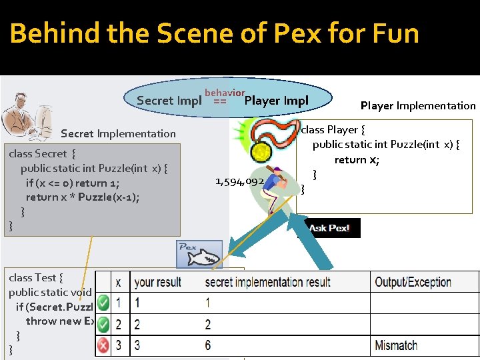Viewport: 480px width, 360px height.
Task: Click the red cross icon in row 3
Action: point(103,345)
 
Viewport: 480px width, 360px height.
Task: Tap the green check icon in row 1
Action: point(103,303)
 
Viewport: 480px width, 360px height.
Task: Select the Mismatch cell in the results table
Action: point(396,345)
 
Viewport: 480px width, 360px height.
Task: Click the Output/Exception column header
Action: point(413,282)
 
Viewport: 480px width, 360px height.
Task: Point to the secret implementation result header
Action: point(267,282)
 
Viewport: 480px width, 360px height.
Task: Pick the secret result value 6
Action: point(208,345)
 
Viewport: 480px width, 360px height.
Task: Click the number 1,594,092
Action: point(239,181)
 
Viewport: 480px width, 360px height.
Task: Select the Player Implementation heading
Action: point(418,105)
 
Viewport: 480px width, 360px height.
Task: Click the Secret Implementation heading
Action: point(118,133)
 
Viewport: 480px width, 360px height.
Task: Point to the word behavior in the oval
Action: point(225,93)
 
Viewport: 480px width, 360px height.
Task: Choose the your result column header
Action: point(157,282)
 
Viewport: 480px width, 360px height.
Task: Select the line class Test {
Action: point(36,277)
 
